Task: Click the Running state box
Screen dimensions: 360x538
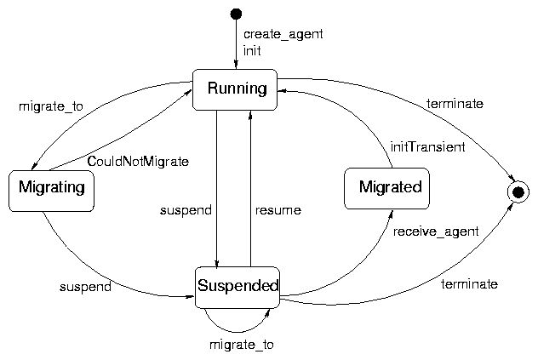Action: (x=236, y=89)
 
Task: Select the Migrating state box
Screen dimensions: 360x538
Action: (x=51, y=190)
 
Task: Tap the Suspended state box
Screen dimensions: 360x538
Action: (x=238, y=287)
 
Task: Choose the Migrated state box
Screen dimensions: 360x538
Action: (x=386, y=188)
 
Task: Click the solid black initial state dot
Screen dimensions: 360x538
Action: (x=236, y=13)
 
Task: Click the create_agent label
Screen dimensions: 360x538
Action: (x=272, y=35)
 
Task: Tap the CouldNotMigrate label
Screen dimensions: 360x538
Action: (x=138, y=160)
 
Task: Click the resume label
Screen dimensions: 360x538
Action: (x=278, y=209)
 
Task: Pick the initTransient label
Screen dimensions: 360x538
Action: (x=427, y=147)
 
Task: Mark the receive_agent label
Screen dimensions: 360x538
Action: (x=436, y=230)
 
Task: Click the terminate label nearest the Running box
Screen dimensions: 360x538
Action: (x=455, y=104)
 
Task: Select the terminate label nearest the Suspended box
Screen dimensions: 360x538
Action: (x=469, y=283)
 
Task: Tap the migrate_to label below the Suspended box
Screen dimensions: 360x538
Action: (x=242, y=345)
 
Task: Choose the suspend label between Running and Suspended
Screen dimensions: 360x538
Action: (x=186, y=209)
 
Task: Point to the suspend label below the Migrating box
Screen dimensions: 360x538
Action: (x=85, y=287)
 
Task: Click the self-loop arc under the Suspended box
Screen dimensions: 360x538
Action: (x=236, y=330)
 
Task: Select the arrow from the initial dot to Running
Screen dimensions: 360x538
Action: (x=236, y=43)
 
